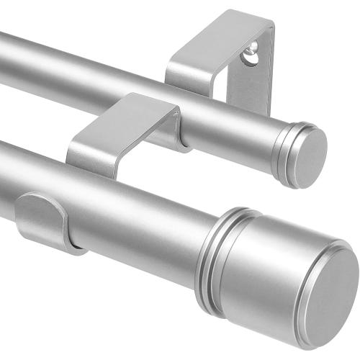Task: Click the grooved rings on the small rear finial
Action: coord(285,149)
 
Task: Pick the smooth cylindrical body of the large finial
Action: coord(266,274)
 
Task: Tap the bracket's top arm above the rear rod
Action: coord(216,36)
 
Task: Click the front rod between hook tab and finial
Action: coord(144,216)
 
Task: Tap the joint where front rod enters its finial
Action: coord(209,241)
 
